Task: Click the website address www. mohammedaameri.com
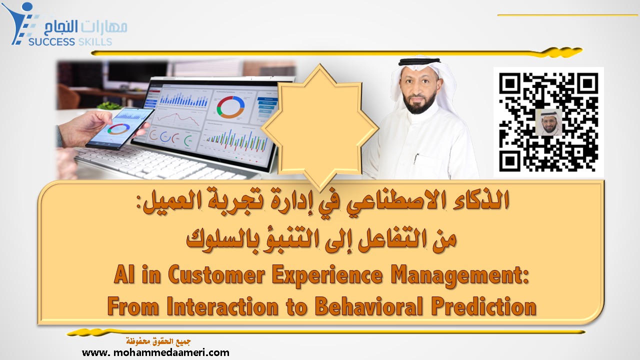coord(155,352)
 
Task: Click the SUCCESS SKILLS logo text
coord(69,41)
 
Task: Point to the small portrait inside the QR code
coord(548,122)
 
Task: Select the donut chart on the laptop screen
coord(230,106)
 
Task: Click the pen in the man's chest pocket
coord(416,159)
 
